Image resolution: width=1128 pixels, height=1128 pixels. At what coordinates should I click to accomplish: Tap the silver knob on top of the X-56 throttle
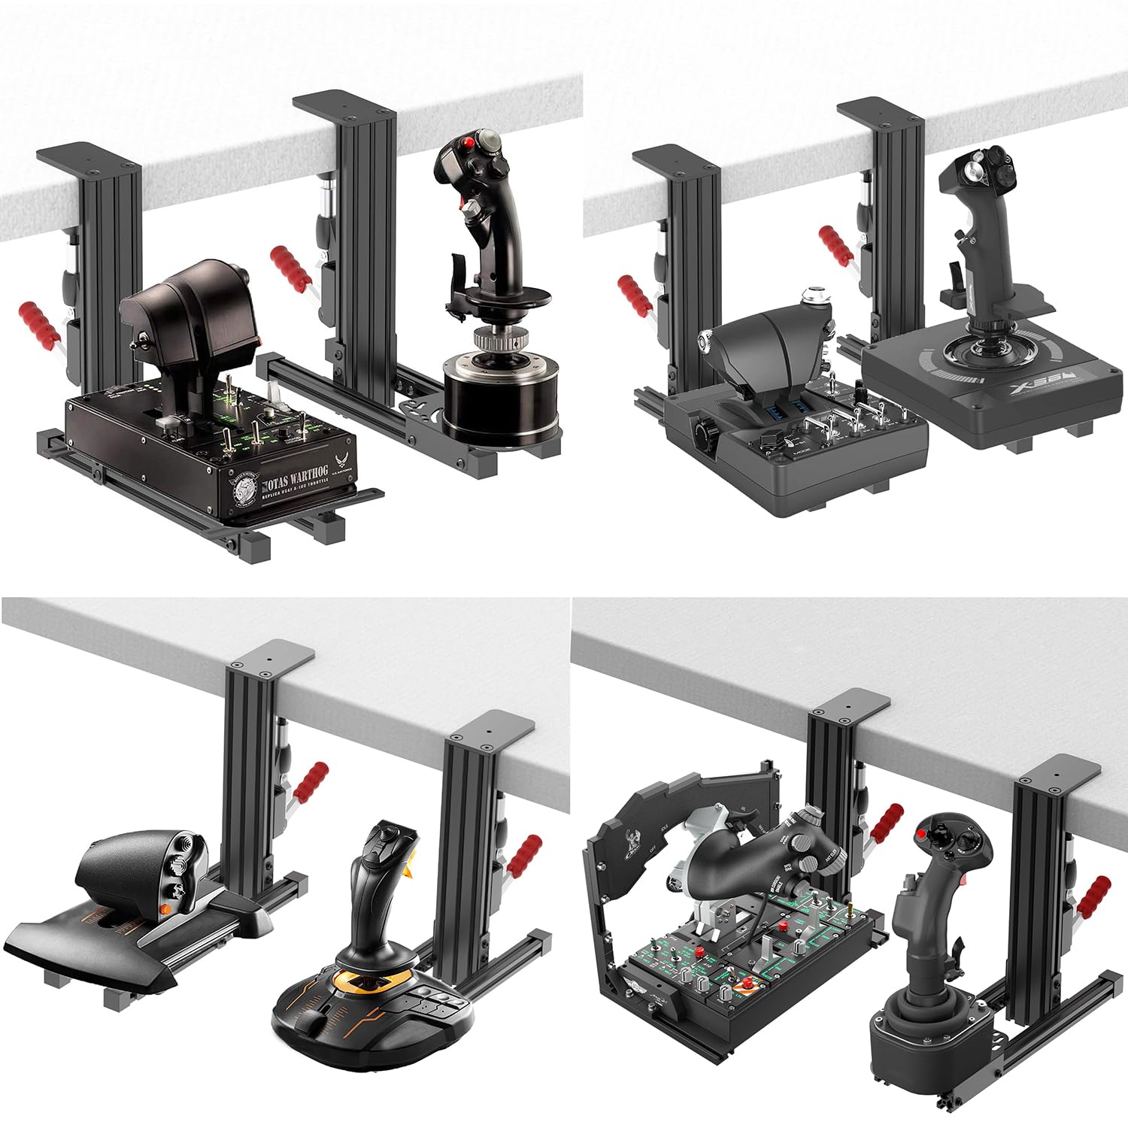(814, 296)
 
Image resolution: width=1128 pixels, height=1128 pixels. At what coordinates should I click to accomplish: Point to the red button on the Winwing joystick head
(921, 835)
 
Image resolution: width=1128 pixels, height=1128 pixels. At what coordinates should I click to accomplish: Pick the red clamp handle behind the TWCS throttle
(311, 781)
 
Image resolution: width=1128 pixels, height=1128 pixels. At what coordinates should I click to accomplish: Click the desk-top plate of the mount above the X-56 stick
(881, 111)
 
